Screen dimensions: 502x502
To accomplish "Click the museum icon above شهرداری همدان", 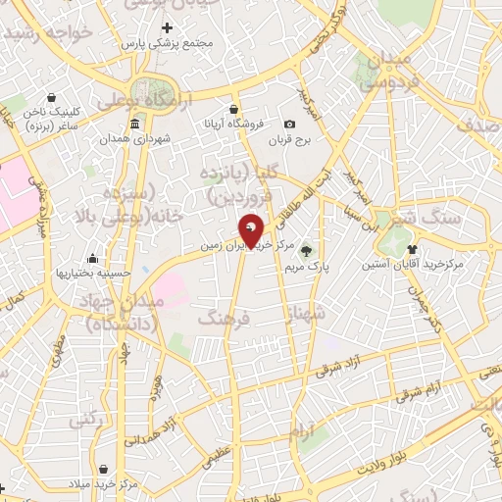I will point(134,124).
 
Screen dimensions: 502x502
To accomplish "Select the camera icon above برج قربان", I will point(289,124).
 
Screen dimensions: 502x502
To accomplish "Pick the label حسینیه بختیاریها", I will point(91,273).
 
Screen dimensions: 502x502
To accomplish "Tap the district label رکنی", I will point(85,419).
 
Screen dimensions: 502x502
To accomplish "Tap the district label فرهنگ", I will point(225,317).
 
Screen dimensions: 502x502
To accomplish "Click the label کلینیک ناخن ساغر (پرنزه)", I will point(40,120).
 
